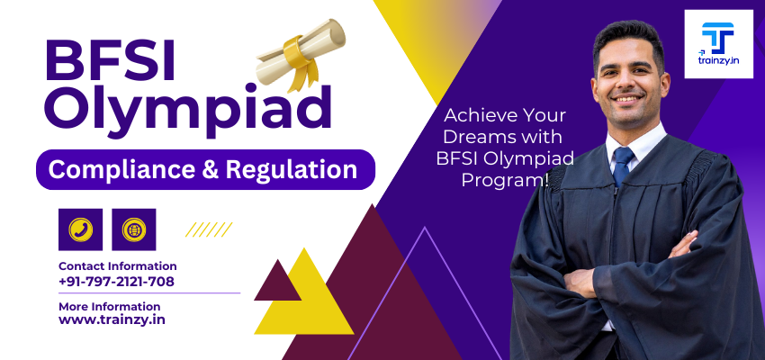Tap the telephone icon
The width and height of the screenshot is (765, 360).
point(80,229)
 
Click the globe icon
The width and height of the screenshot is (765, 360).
point(134,229)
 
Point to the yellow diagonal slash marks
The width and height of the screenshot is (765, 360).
point(209,229)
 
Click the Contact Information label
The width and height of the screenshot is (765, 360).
point(117,266)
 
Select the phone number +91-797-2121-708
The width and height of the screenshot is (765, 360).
point(116,282)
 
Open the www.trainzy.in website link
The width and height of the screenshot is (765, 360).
point(112,319)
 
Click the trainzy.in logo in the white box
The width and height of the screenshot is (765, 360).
point(718,44)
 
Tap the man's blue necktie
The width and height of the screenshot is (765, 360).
point(623,166)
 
